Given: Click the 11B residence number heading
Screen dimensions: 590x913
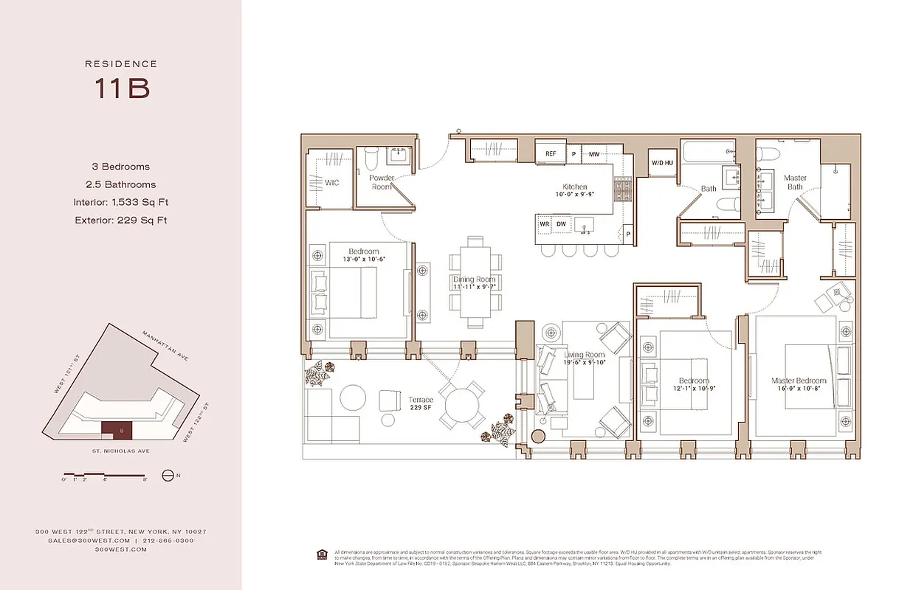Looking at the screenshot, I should point(121,88).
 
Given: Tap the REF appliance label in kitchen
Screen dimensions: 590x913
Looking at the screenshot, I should point(551,153).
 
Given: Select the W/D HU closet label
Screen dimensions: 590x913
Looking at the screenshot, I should point(661,162).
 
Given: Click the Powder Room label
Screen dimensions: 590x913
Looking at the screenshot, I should point(381,182).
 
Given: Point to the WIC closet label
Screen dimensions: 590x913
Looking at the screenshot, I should point(331,182).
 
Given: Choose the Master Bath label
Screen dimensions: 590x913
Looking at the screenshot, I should point(795,182).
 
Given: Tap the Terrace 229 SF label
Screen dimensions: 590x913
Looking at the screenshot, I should point(421,404).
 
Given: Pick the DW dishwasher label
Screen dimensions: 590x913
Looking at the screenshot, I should point(561,223).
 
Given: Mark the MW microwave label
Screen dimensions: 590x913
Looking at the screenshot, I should point(594,154).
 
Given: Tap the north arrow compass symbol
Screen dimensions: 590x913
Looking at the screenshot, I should point(167,476).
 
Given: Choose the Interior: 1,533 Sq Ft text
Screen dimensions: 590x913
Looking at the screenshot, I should point(121,202).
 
